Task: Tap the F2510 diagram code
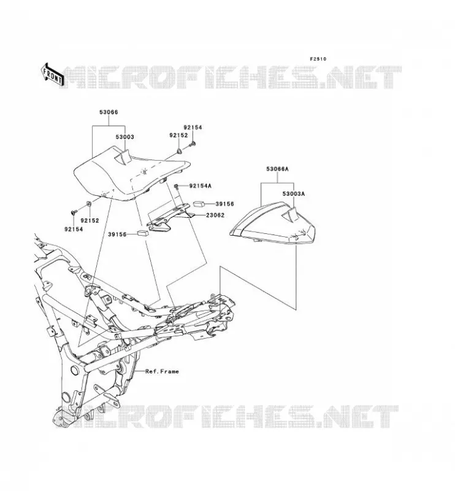pyautogui.click(x=318, y=59)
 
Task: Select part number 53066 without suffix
pyautogui.click(x=109, y=112)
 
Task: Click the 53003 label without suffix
pyautogui.click(x=125, y=137)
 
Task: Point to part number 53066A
pyautogui.click(x=277, y=169)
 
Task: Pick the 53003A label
pyautogui.click(x=294, y=194)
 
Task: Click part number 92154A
pyautogui.click(x=201, y=186)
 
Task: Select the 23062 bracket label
pyautogui.click(x=215, y=215)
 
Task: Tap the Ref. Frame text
pyautogui.click(x=162, y=371)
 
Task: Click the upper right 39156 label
pyautogui.click(x=224, y=204)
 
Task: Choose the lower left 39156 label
pyautogui.click(x=117, y=234)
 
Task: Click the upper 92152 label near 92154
pyautogui.click(x=178, y=135)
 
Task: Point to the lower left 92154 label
pyautogui.click(x=74, y=229)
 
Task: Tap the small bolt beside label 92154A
pyautogui.click(x=176, y=187)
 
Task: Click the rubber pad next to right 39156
pyautogui.click(x=199, y=204)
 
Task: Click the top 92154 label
pyautogui.click(x=193, y=128)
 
